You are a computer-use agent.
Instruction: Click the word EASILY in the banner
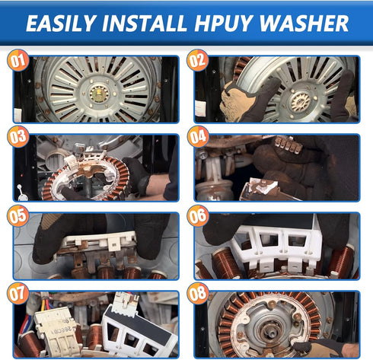pyautogui.click(x=61, y=23)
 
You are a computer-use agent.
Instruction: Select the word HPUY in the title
pyautogui.click(x=224, y=23)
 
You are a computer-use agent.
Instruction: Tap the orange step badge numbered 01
pyautogui.click(x=18, y=60)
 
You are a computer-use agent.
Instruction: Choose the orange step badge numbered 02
pyautogui.click(x=198, y=60)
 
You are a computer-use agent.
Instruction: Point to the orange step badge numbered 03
pyautogui.click(x=18, y=136)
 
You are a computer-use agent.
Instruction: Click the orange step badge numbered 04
pyautogui.click(x=198, y=136)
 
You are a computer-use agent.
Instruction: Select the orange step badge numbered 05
pyautogui.click(x=18, y=215)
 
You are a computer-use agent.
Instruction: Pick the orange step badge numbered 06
pyautogui.click(x=198, y=215)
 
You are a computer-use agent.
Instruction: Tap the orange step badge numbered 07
pyautogui.click(x=18, y=293)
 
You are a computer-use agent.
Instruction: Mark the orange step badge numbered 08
pyautogui.click(x=198, y=293)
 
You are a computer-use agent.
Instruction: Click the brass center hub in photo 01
pyautogui.click(x=99, y=94)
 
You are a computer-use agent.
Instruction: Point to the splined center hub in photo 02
pyautogui.click(x=301, y=102)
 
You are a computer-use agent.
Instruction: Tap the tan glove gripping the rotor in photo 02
pyautogui.click(x=238, y=100)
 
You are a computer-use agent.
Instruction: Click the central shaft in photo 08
pyautogui.click(x=269, y=329)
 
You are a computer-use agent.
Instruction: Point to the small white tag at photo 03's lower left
pyautogui.click(x=21, y=193)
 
